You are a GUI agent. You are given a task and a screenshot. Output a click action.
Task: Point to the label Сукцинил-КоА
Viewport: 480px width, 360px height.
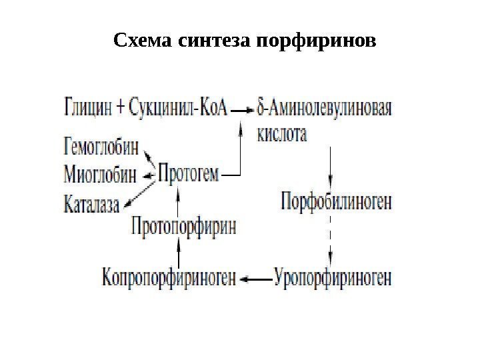pyautogui.click(x=181, y=106)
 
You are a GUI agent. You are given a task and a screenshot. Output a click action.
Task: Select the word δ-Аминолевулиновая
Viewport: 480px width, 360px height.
pyautogui.click(x=323, y=107)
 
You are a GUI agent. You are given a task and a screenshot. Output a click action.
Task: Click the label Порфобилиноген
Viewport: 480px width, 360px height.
pyautogui.click(x=337, y=201)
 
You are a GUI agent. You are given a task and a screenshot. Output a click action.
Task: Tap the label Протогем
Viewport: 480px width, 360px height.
pyautogui.click(x=189, y=175)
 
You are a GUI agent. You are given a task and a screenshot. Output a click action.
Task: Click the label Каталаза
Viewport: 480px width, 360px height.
pyautogui.click(x=91, y=203)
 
